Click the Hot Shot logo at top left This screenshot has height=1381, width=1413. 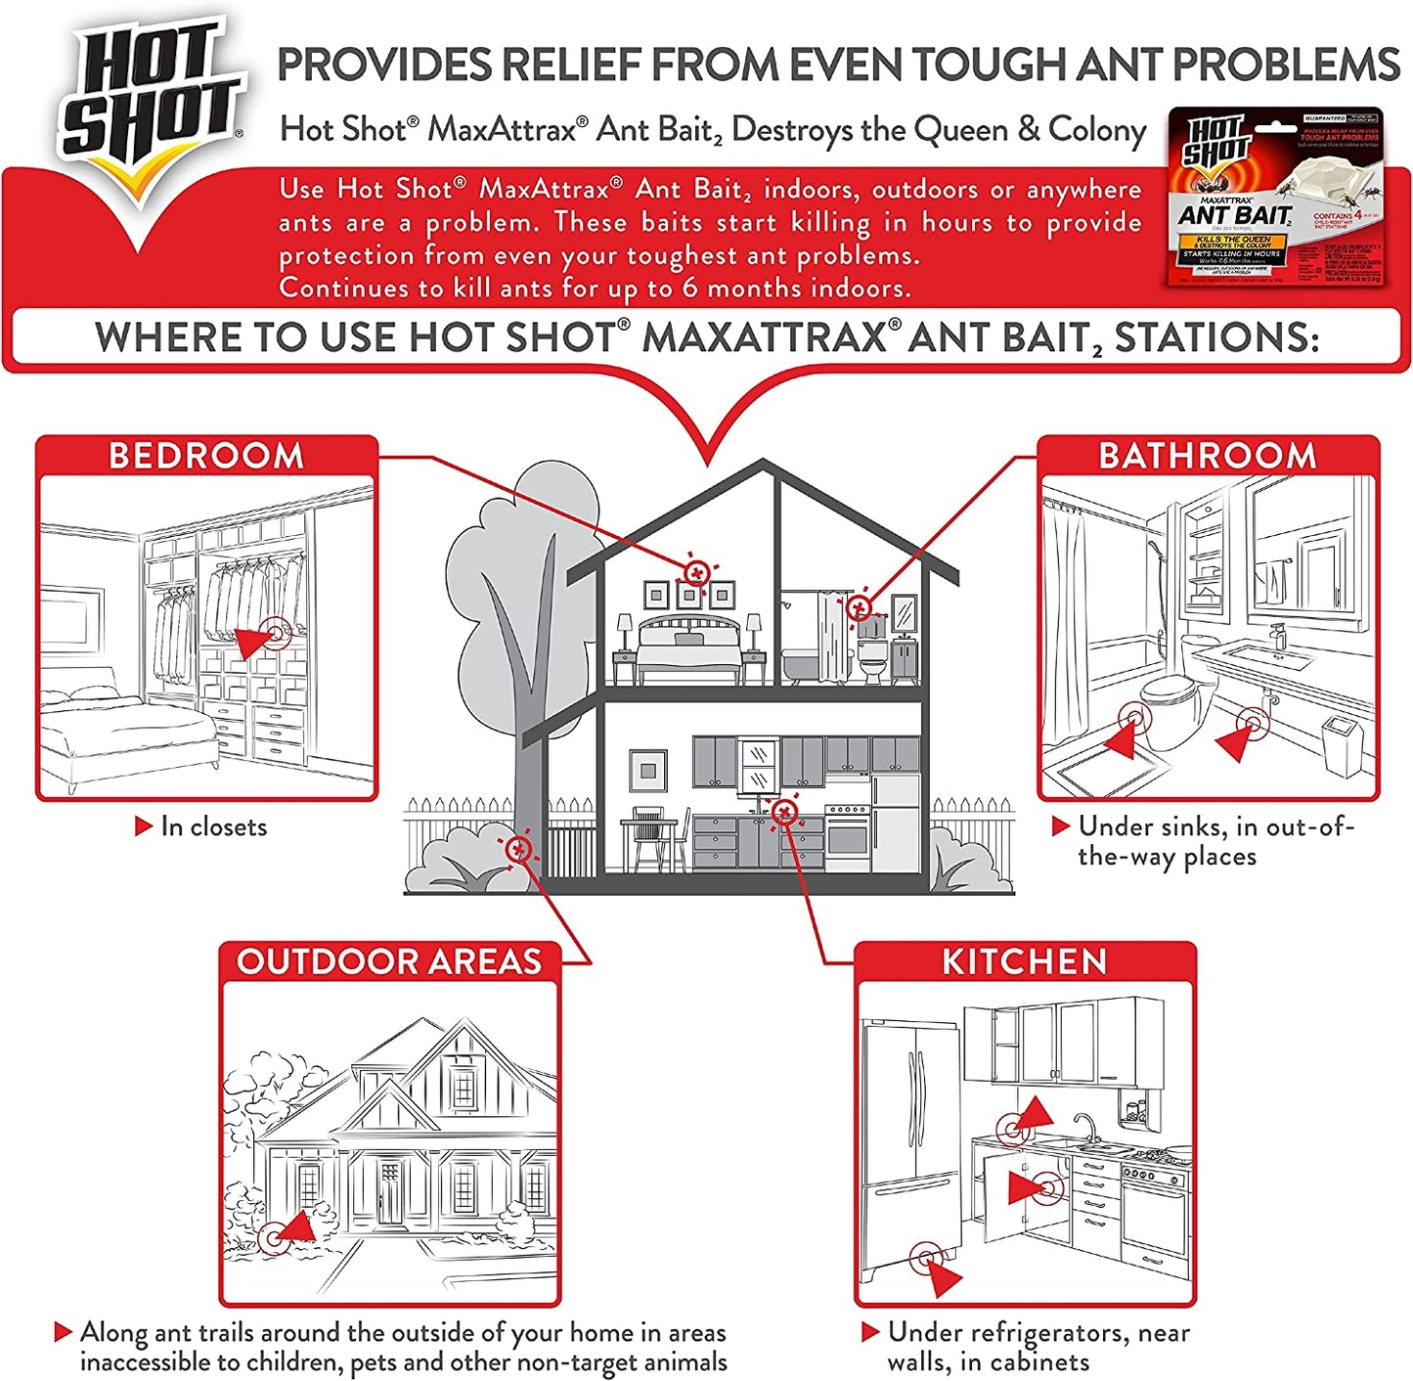(x=152, y=98)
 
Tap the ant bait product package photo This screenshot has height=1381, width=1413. (x=1276, y=198)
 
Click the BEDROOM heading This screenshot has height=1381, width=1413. (x=206, y=456)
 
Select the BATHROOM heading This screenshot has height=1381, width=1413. (x=1208, y=456)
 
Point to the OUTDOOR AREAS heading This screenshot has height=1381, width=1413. (x=389, y=961)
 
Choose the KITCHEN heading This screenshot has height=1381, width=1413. (x=1024, y=961)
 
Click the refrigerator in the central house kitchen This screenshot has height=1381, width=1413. (x=895, y=822)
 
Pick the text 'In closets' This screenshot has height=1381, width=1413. (x=213, y=827)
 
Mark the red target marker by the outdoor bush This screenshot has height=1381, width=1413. (x=518, y=848)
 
